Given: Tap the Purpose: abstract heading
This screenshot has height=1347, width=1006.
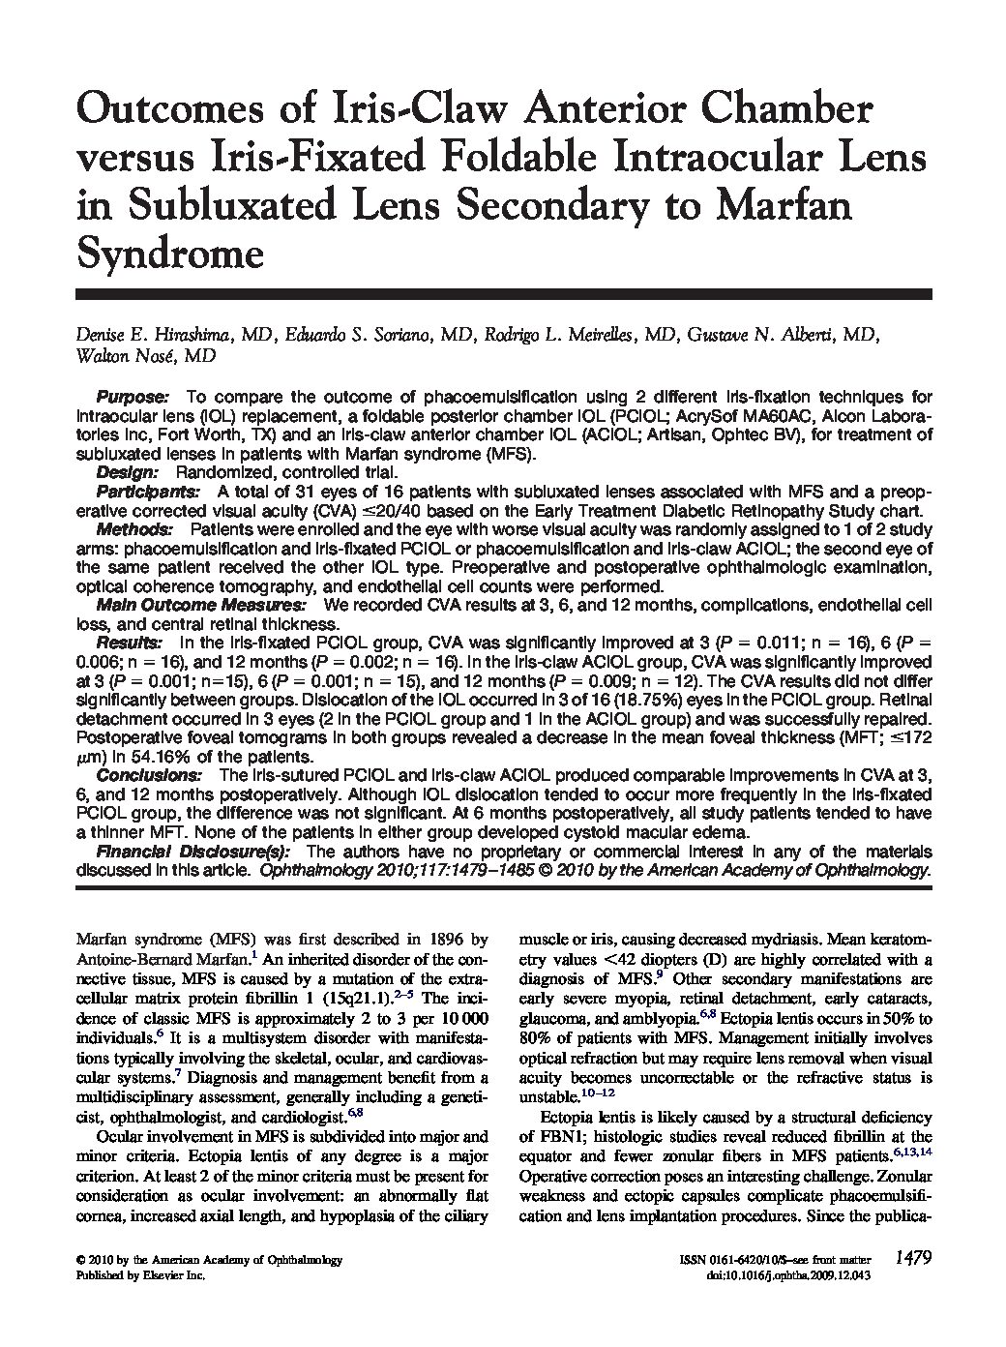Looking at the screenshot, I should pos(133,398).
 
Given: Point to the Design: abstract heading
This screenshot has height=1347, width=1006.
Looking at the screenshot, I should pos(127,472).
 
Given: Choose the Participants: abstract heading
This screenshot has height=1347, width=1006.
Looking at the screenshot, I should pos(143,492).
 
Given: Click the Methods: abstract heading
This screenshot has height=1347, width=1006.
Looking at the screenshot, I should pos(134,529).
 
